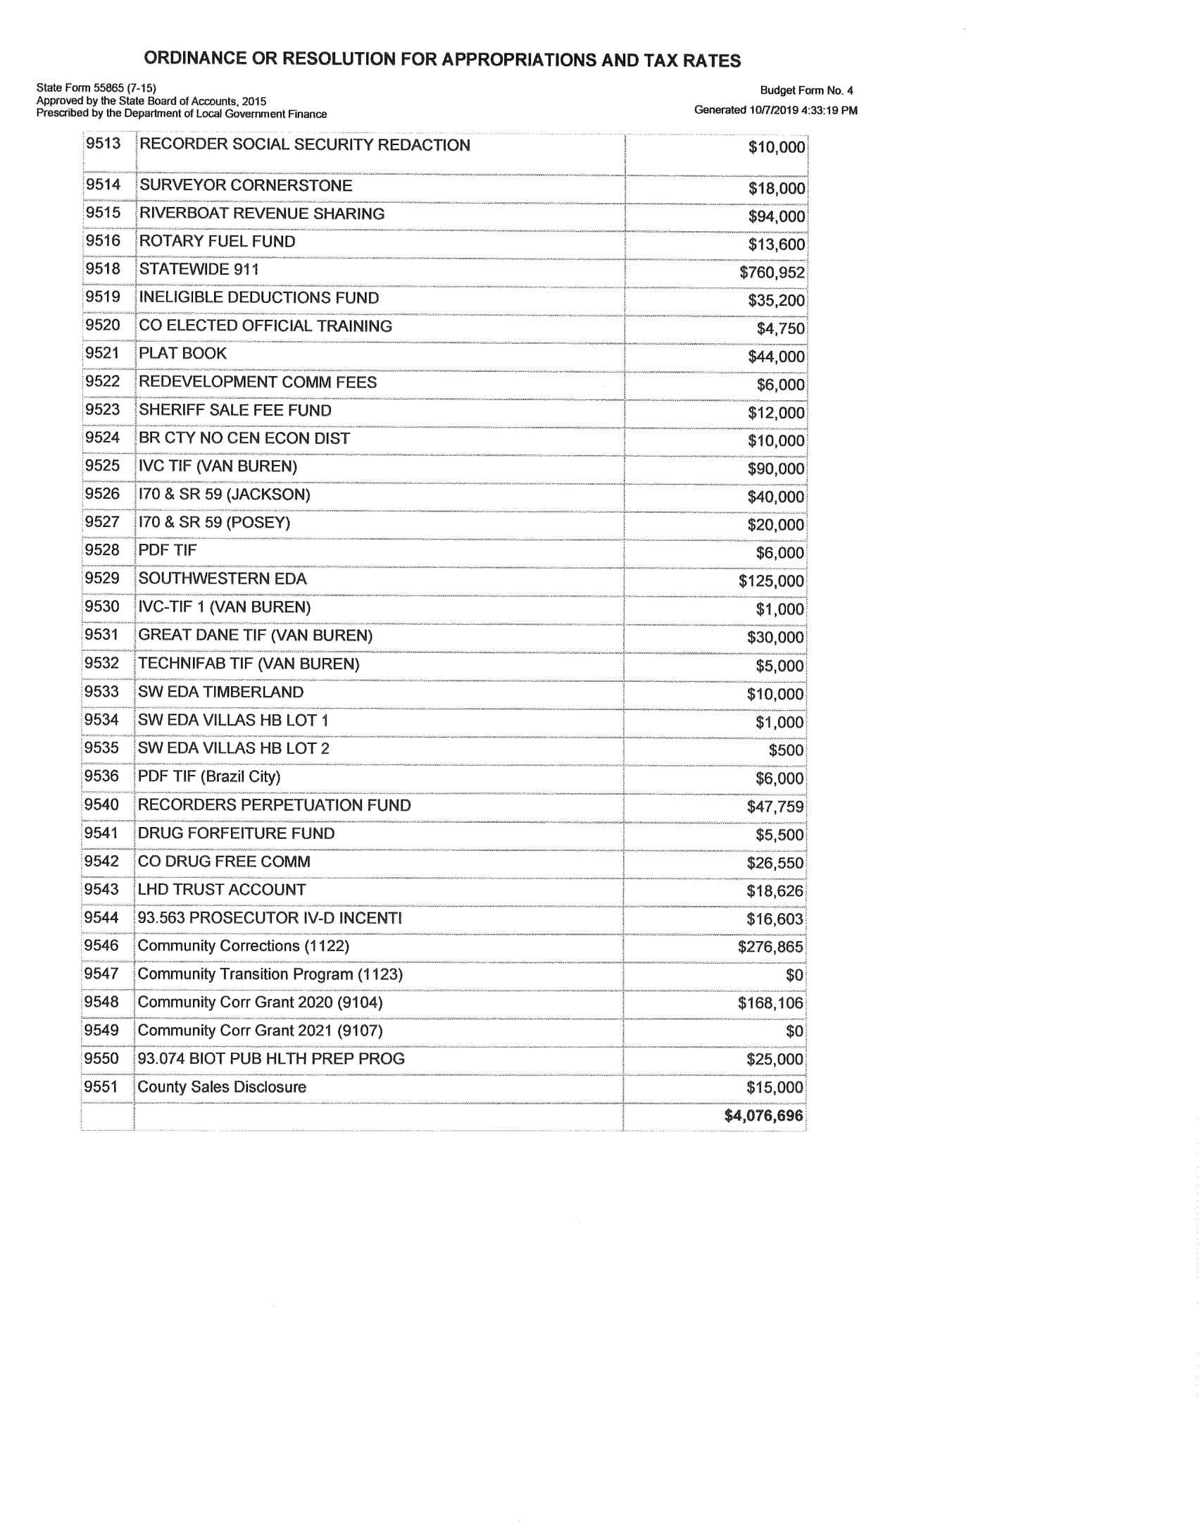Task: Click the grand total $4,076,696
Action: click(x=763, y=1115)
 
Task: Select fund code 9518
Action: click(x=103, y=268)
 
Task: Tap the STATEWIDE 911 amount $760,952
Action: click(x=772, y=272)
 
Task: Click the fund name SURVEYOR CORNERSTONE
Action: click(x=246, y=185)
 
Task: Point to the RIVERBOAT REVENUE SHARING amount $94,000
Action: click(x=776, y=216)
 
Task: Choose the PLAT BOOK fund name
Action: click(x=182, y=353)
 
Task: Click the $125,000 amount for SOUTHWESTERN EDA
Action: click(x=771, y=581)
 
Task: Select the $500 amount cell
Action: click(x=786, y=750)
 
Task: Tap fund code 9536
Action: click(x=101, y=776)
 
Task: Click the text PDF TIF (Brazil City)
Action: click(x=209, y=776)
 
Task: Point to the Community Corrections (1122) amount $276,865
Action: click(x=770, y=947)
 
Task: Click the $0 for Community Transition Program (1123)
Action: click(x=794, y=975)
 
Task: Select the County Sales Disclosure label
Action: click(x=222, y=1086)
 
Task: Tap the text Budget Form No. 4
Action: click(x=806, y=90)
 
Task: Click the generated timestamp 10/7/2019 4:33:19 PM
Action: click(x=802, y=110)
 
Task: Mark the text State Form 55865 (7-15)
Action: click(x=96, y=88)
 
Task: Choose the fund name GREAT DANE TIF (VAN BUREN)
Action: click(x=255, y=635)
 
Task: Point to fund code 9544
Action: click(x=101, y=917)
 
